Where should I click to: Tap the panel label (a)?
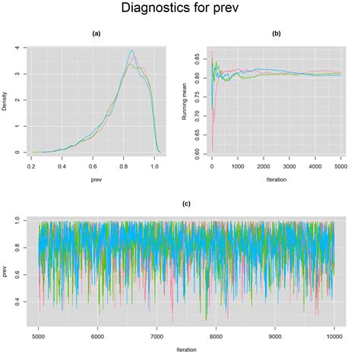96,34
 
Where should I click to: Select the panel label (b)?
276,34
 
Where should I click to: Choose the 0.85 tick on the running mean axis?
199,58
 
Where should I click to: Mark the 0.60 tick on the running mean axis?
199,152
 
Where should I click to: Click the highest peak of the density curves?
131,51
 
